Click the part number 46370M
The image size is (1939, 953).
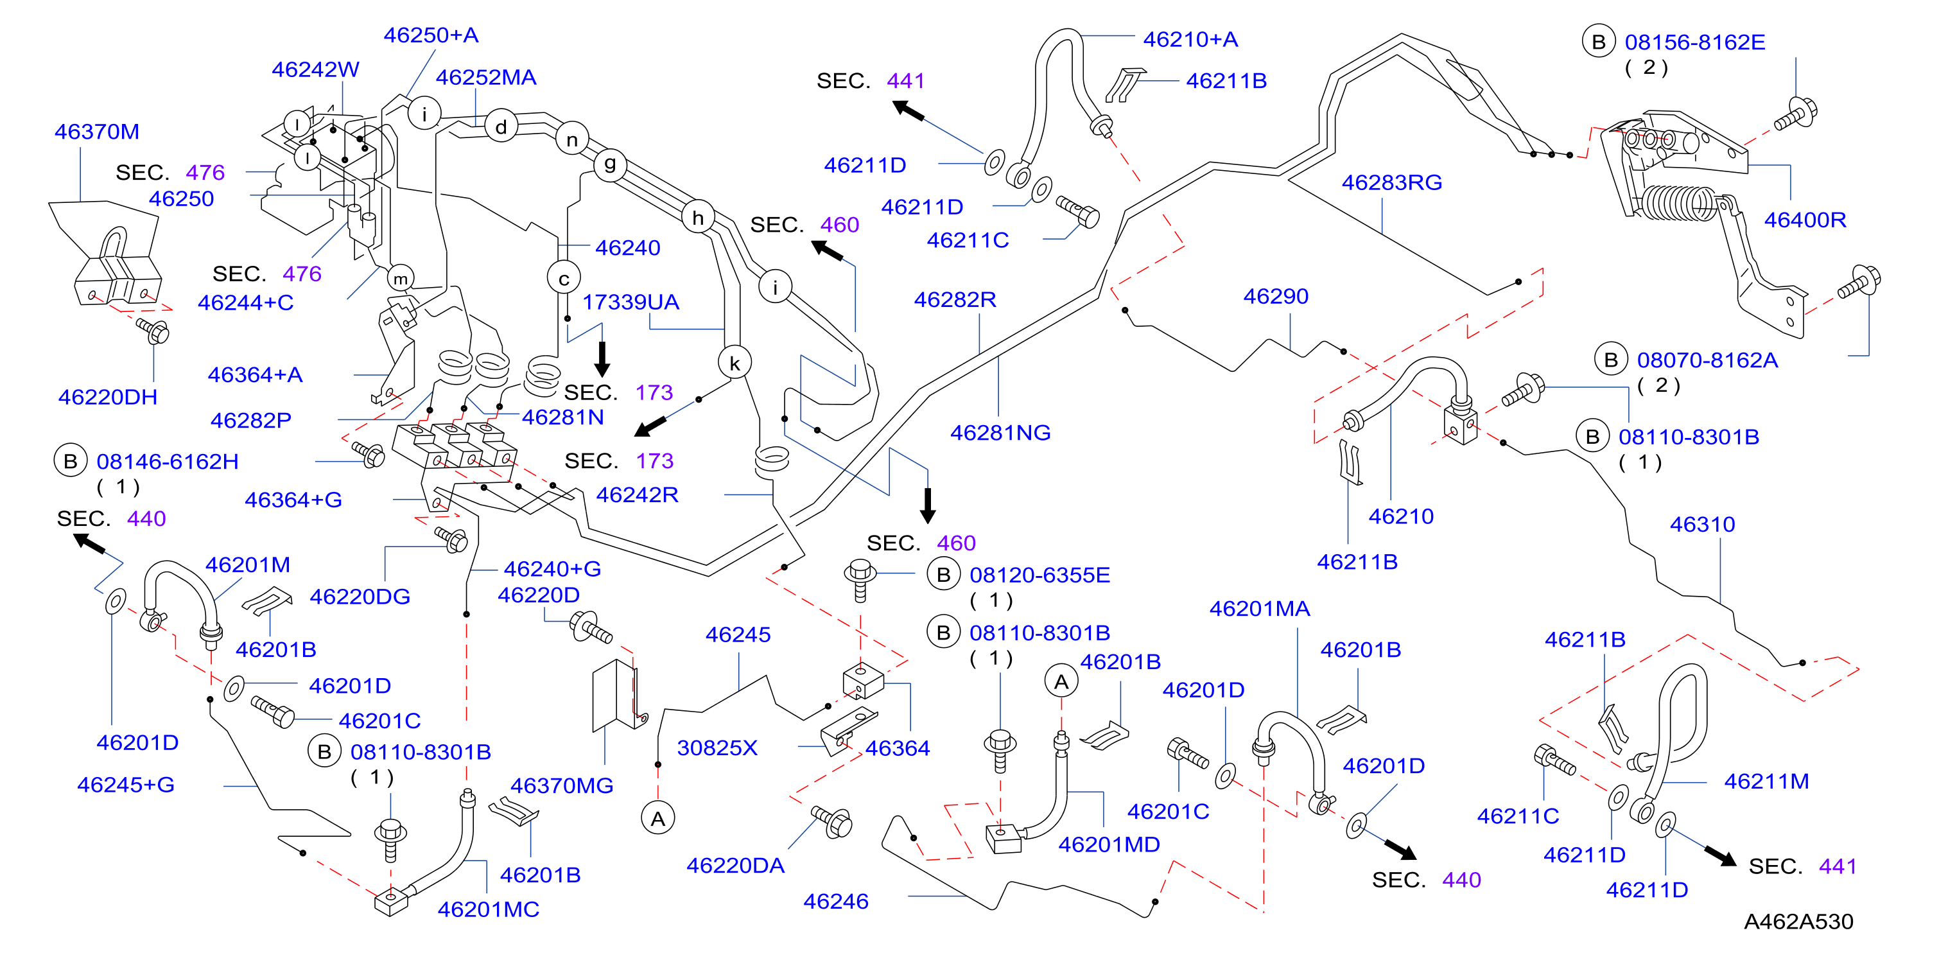point(97,132)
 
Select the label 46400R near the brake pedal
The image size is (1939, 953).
point(1805,220)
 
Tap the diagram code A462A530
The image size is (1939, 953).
point(1798,922)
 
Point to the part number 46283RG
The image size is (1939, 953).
point(1392,182)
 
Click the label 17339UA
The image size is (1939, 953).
point(630,302)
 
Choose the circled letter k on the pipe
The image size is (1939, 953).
point(735,363)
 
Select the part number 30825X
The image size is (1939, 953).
point(717,748)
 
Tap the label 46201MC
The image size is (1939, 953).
point(489,909)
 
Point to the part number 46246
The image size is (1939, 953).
point(835,901)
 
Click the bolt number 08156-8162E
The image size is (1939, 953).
point(1695,42)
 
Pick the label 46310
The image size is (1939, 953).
point(1703,524)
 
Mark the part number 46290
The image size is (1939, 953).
point(1276,297)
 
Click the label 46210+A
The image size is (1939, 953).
point(1191,39)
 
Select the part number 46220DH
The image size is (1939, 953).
point(108,397)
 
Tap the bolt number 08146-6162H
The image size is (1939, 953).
point(168,462)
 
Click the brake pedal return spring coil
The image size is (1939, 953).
point(1680,203)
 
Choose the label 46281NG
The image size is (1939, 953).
point(1000,433)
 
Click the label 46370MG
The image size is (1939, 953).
point(562,786)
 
